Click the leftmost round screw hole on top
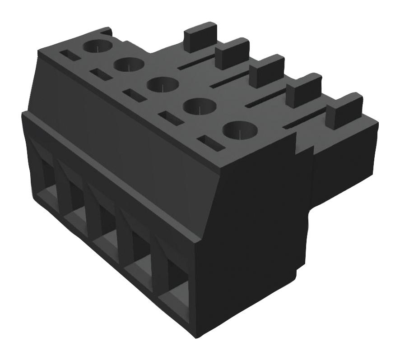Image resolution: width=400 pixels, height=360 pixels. tap(98, 46)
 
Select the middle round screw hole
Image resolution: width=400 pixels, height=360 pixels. tap(163, 84)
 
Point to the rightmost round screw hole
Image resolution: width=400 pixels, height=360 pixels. tap(240, 130)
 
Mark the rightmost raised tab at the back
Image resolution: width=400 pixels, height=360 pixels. tap(344, 111)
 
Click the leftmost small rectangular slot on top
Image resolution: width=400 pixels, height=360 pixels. tap(70, 56)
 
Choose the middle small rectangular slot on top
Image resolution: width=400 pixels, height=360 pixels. tap(134, 95)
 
